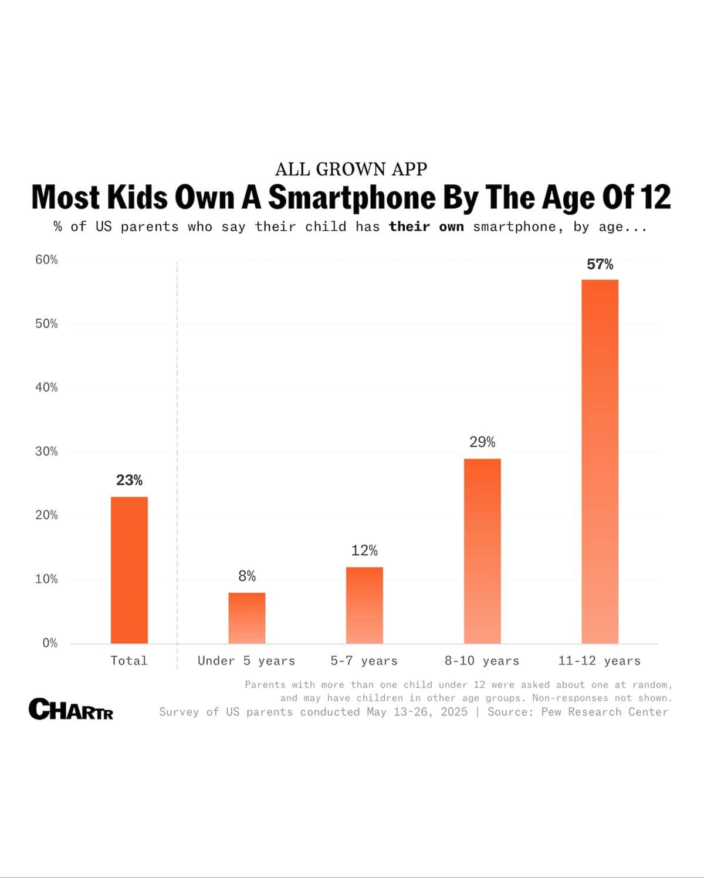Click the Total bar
click(x=129, y=570)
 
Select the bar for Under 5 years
click(x=247, y=618)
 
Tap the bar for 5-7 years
click(x=364, y=605)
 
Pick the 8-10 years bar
click(x=482, y=551)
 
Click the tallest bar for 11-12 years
click(x=600, y=461)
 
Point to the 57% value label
click(x=600, y=265)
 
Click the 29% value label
click(x=482, y=442)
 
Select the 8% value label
click(x=247, y=576)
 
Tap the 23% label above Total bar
click(x=129, y=480)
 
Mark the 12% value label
click(x=364, y=551)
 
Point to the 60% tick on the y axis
click(x=46, y=260)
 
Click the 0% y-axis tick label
click(x=50, y=643)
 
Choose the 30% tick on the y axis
click(x=46, y=451)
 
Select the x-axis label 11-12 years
click(x=600, y=661)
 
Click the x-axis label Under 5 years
click(x=246, y=661)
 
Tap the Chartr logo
click(x=71, y=709)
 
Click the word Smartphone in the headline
click(x=352, y=197)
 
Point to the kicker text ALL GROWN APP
click(x=351, y=169)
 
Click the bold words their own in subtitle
click(x=427, y=227)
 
